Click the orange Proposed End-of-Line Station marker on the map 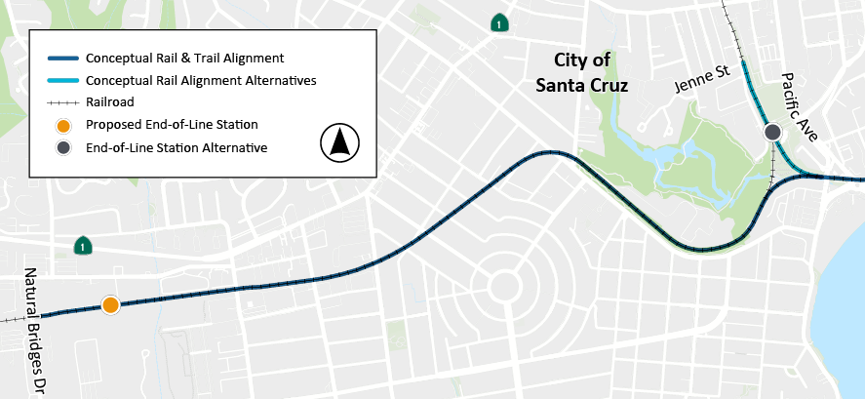click(111, 305)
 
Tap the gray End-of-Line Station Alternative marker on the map click(772, 132)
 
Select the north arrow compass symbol click(340, 143)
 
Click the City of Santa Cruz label click(582, 72)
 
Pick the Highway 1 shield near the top click(498, 23)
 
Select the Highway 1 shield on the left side click(85, 247)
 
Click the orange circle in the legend click(62, 125)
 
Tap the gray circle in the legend click(62, 147)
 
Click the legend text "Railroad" click(110, 101)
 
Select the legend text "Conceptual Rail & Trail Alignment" click(184, 58)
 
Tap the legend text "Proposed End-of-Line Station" click(172, 125)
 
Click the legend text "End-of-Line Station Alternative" click(177, 147)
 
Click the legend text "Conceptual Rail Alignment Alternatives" click(201, 80)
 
